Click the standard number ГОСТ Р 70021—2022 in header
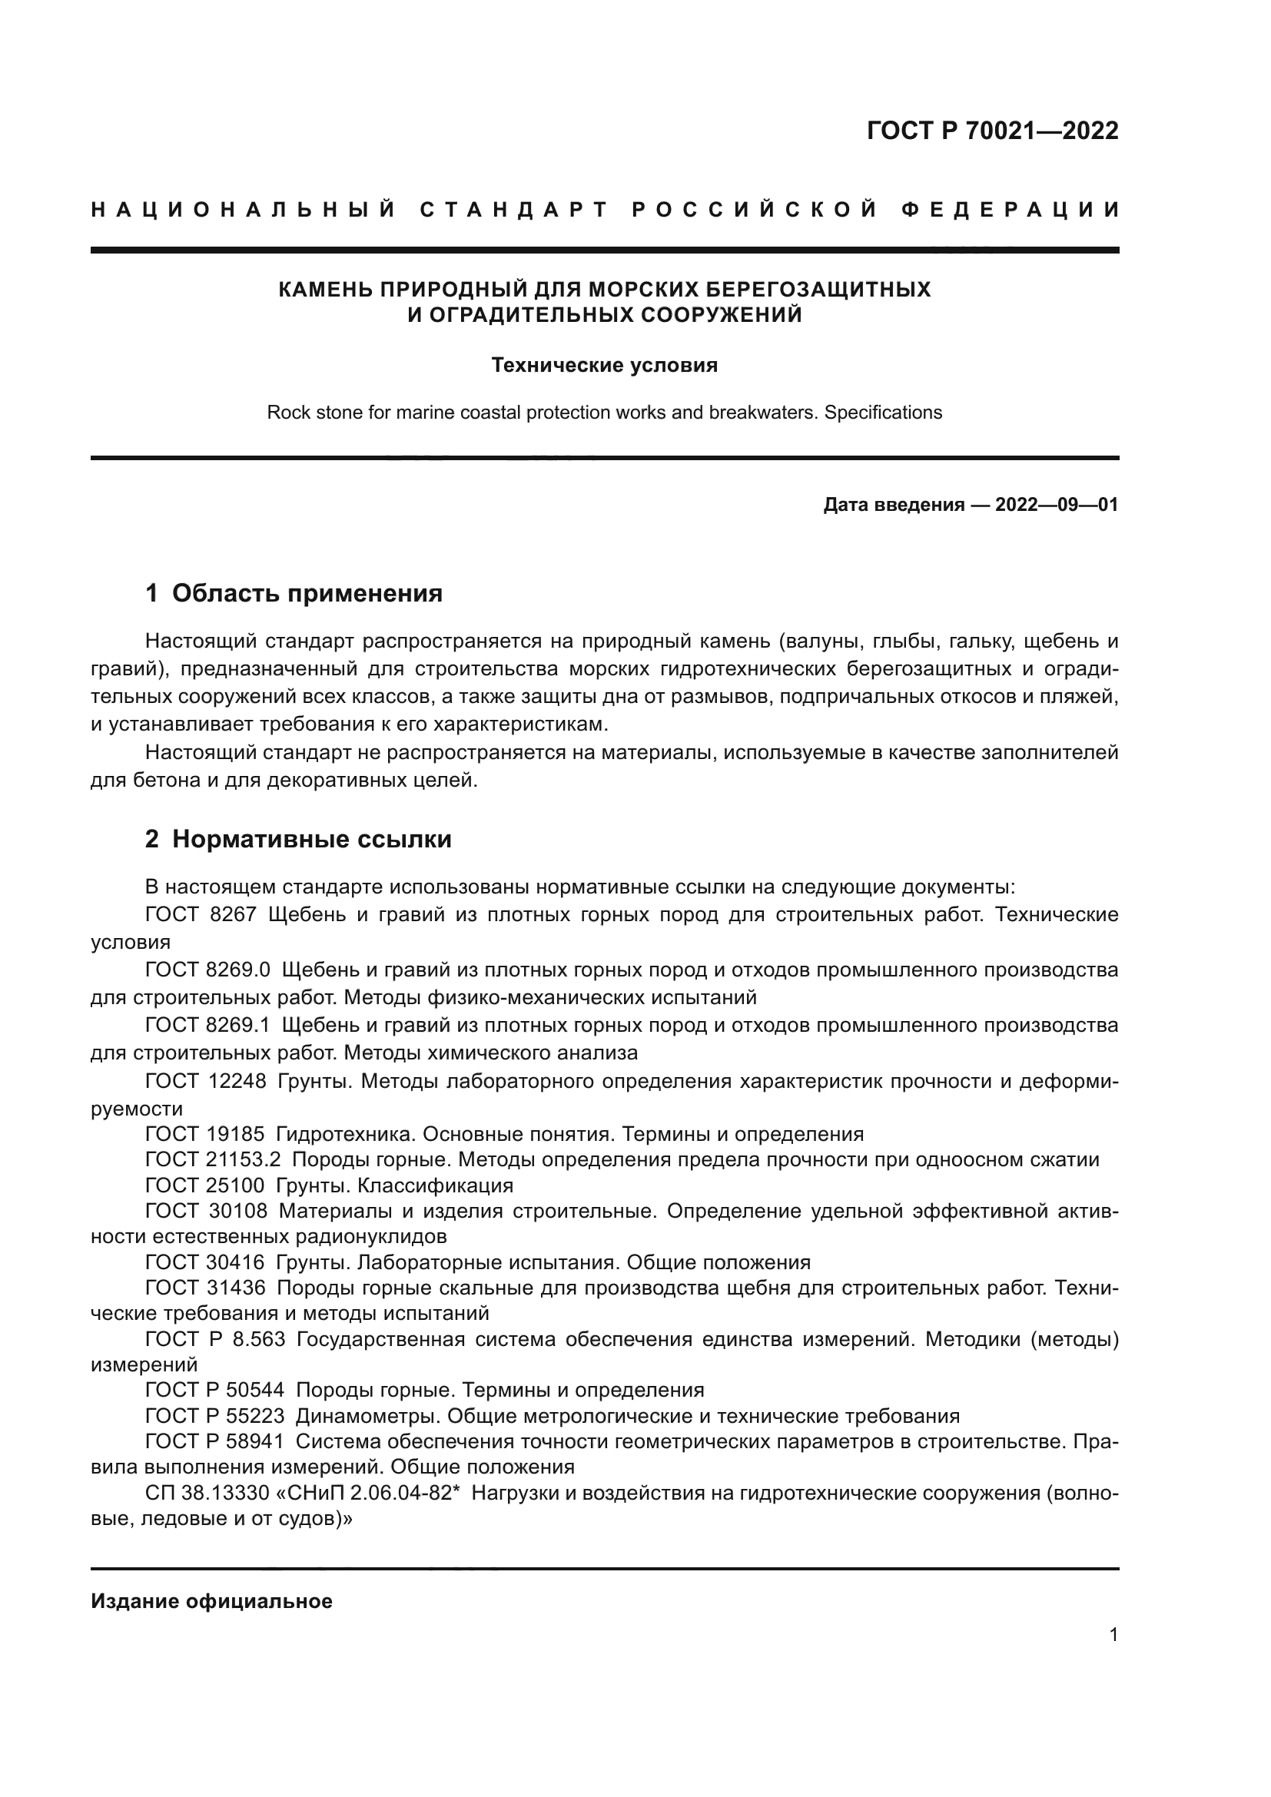tap(992, 131)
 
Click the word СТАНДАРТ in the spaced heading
tap(514, 210)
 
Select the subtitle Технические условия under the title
tap(604, 366)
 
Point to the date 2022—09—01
tap(1057, 505)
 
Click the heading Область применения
tap(307, 593)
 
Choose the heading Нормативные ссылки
tap(311, 839)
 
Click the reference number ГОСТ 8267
tap(201, 915)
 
